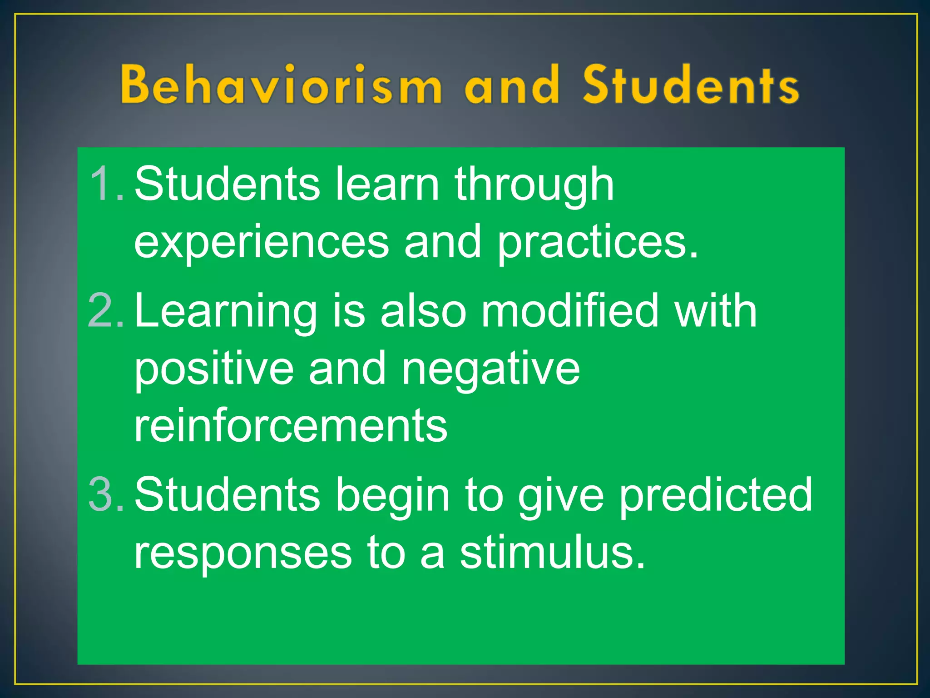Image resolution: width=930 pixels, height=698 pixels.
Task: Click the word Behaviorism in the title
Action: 281,85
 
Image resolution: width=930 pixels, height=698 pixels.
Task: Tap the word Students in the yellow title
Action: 691,85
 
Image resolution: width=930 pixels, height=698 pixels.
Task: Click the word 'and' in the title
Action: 512,85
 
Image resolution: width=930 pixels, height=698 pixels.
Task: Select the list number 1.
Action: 105,184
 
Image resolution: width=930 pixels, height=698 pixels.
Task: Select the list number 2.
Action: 105,311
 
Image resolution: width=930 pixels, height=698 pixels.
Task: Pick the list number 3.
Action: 105,494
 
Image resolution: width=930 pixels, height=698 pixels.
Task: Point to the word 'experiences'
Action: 261,243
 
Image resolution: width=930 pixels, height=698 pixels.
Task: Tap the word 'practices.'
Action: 597,243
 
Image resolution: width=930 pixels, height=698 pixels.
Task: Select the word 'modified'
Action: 569,311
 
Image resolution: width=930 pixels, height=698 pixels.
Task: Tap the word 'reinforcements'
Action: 291,425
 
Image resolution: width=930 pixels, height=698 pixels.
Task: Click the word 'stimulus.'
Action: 552,553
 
